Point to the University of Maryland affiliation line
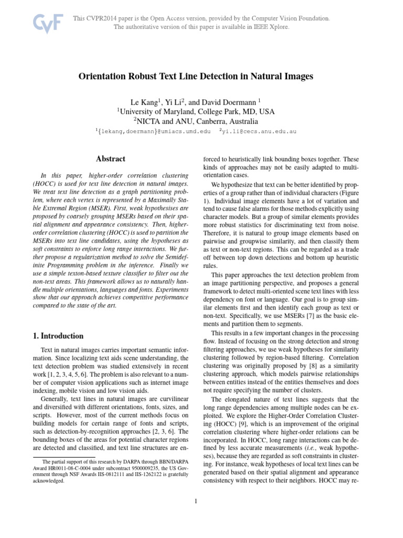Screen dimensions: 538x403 [195, 112]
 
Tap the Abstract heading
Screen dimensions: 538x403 [110, 158]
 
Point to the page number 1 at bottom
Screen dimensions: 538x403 [195, 501]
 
